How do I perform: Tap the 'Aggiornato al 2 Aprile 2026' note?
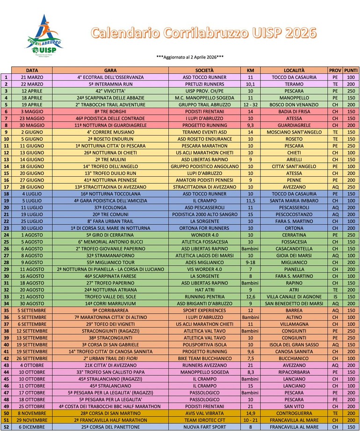pyautogui.click(x=190, y=57)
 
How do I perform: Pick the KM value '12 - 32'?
pyautogui.click(x=250, y=105)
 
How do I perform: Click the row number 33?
pyautogui.click(x=6, y=297)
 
